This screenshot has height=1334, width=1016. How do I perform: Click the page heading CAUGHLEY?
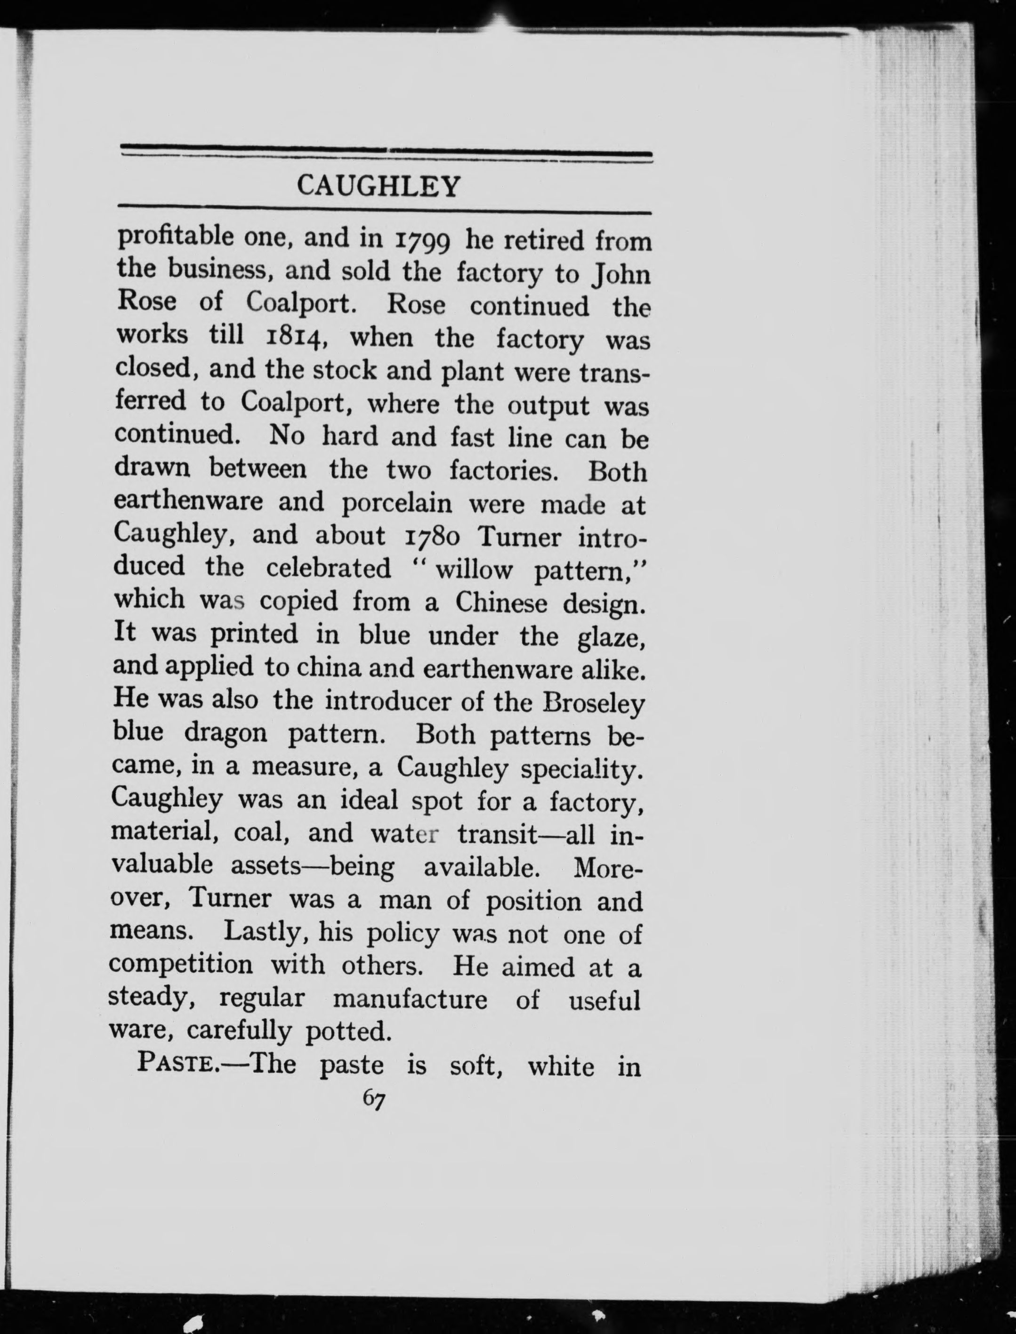click(379, 187)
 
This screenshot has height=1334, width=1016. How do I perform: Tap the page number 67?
click(374, 1098)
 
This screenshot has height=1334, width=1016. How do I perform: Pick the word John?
click(621, 275)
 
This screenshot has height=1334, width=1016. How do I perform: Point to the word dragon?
click(226, 733)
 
